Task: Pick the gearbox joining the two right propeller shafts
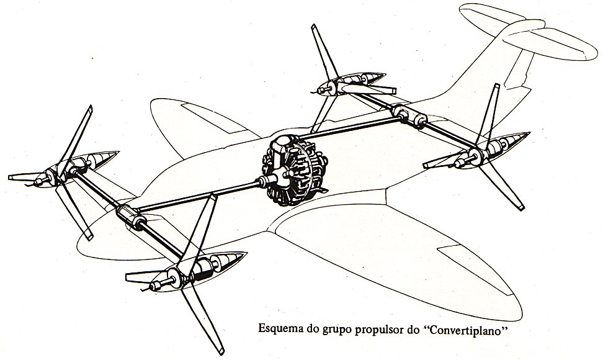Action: tap(409, 115)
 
